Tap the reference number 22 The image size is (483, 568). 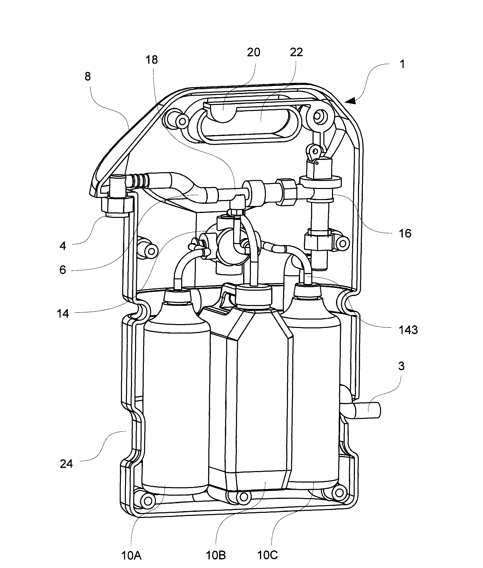pyautogui.click(x=296, y=52)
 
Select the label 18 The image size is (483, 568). pyautogui.click(x=152, y=60)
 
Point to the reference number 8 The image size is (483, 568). pyautogui.click(x=88, y=76)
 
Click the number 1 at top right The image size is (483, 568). pyautogui.click(x=402, y=64)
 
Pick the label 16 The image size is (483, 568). pyautogui.click(x=405, y=233)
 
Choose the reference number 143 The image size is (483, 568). pyautogui.click(x=408, y=330)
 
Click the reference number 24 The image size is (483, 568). pyautogui.click(x=66, y=464)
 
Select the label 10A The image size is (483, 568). pyautogui.click(x=131, y=556)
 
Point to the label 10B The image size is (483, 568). pyautogui.click(x=216, y=556)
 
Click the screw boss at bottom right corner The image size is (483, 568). pyautogui.click(x=339, y=493)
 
